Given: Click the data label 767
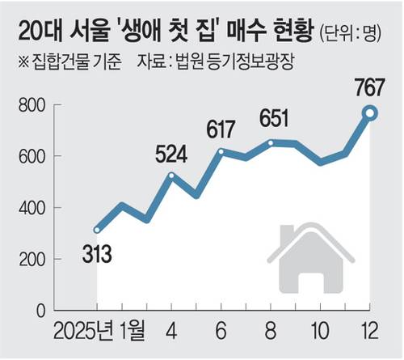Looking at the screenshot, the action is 368,87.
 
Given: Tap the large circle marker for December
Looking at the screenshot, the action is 370,113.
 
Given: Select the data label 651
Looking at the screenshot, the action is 274,118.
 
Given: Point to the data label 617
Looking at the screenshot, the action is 221,129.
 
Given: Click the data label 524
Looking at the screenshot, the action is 171,155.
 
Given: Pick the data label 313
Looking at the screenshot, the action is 97,254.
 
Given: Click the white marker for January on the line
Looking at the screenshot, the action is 97,230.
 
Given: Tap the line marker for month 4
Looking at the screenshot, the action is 171,176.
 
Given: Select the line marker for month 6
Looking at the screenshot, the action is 221,152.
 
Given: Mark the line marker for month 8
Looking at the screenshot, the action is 271,143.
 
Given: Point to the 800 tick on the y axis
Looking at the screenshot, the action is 32,105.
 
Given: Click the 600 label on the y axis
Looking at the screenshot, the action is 32,157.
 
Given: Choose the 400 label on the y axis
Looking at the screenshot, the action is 32,208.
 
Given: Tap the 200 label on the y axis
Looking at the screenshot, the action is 32,260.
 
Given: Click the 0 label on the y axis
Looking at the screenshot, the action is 41,311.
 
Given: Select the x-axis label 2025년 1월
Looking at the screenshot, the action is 99,330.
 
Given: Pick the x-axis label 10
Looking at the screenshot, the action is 320,331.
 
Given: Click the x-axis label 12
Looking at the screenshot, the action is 370,331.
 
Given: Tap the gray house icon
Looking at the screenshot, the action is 311,259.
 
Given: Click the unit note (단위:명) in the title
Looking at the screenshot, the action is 351,33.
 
